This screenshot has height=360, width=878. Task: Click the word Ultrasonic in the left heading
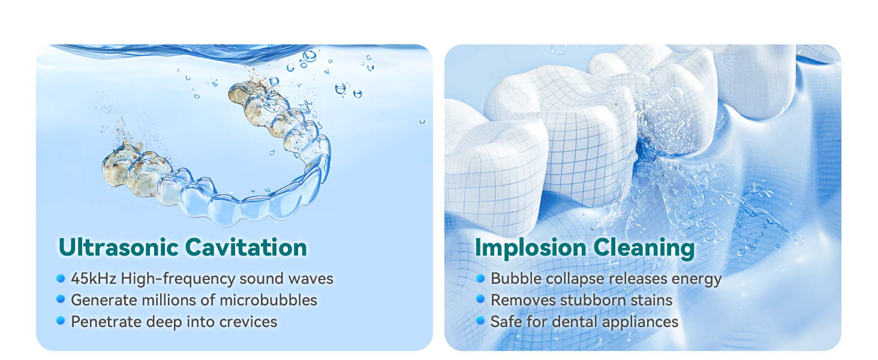[x=118, y=247]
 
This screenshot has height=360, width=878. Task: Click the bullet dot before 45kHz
[x=61, y=278]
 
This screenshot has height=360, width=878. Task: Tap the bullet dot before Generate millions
[x=61, y=299]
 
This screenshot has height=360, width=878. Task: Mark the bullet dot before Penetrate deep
[x=61, y=321]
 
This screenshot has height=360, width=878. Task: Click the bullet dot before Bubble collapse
[x=480, y=278]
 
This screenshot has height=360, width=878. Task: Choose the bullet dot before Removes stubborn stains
[x=480, y=299]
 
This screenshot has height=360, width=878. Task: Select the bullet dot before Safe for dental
[x=480, y=321]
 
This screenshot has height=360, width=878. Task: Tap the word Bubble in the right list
[x=511, y=279]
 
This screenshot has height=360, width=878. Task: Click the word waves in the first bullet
[x=311, y=279]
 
